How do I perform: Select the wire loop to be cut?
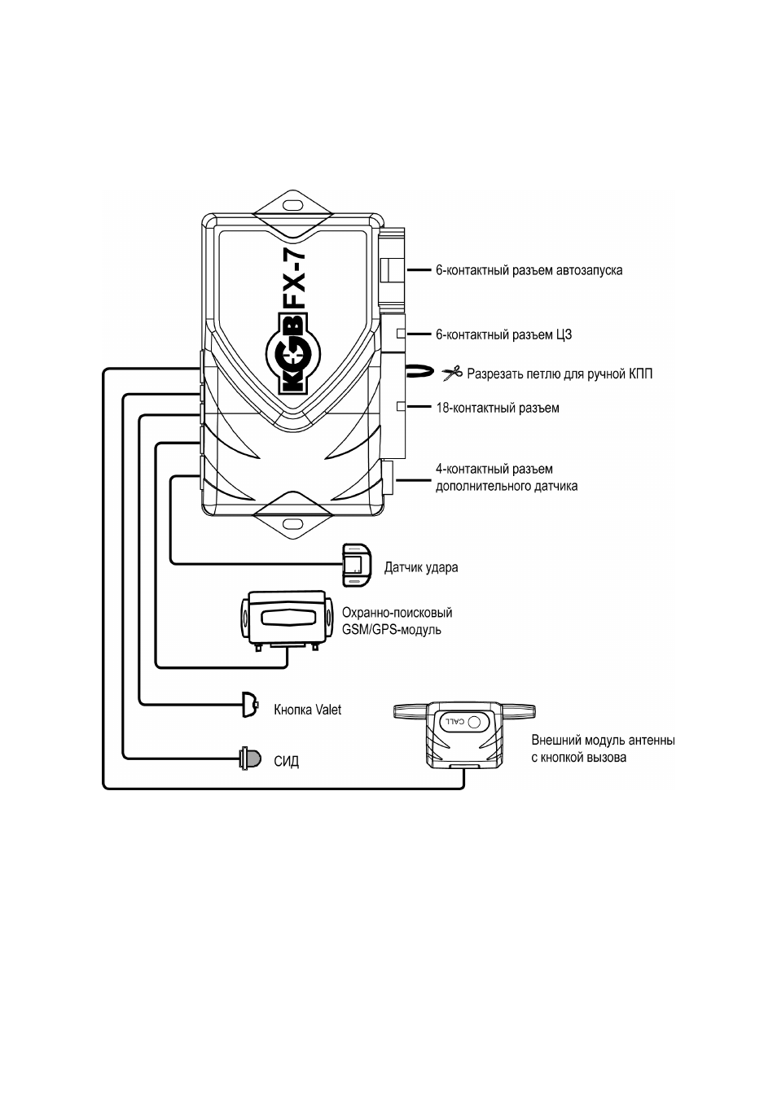point(418,371)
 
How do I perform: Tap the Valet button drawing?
point(249,705)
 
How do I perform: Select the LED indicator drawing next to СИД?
point(249,758)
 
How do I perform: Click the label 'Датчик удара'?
point(421,567)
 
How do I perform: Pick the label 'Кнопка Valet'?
point(307,710)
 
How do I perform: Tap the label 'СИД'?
point(287,762)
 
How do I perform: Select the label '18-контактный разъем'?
point(498,408)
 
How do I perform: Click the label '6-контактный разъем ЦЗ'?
point(504,335)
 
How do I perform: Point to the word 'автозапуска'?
point(589,270)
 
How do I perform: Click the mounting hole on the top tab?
point(293,203)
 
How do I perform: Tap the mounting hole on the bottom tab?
point(293,525)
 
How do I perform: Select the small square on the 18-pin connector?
point(401,406)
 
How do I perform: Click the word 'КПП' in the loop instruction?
point(639,374)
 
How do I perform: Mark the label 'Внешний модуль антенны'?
point(603,740)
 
